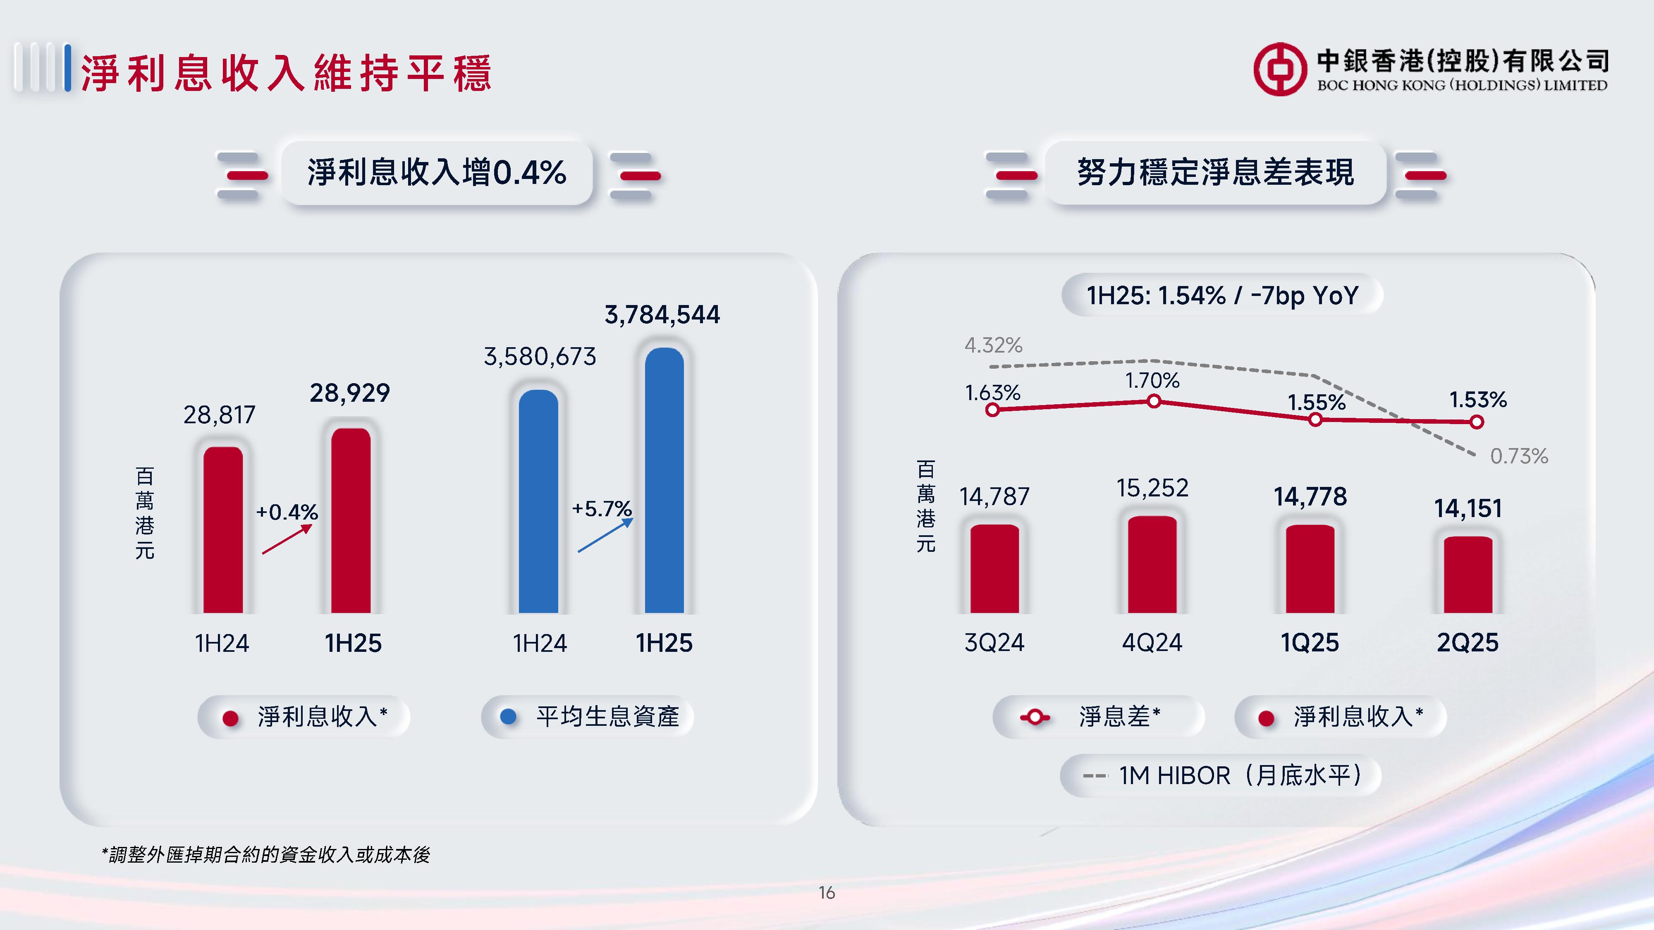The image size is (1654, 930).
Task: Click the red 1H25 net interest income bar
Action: pyautogui.click(x=351, y=520)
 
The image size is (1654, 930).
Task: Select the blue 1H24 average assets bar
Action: pyautogui.click(x=538, y=501)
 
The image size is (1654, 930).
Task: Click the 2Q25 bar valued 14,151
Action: pyautogui.click(x=1468, y=575)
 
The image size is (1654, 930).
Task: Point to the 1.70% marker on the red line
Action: pyautogui.click(x=1154, y=402)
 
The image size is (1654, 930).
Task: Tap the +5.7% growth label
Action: pyautogui.click(x=602, y=509)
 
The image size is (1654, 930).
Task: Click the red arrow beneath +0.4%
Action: pyautogui.click(x=287, y=539)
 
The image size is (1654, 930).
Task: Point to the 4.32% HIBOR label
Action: pyautogui.click(x=993, y=345)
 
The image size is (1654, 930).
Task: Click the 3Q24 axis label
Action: pyautogui.click(x=994, y=642)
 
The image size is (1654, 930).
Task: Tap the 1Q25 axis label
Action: pyautogui.click(x=1310, y=642)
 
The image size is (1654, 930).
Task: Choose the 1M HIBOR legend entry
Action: pyautogui.click(x=1220, y=775)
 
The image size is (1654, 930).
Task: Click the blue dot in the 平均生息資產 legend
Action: pyautogui.click(x=508, y=717)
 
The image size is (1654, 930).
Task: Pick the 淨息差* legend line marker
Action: pyautogui.click(x=1035, y=717)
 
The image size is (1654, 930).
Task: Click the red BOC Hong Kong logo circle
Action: pyautogui.click(x=1280, y=69)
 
